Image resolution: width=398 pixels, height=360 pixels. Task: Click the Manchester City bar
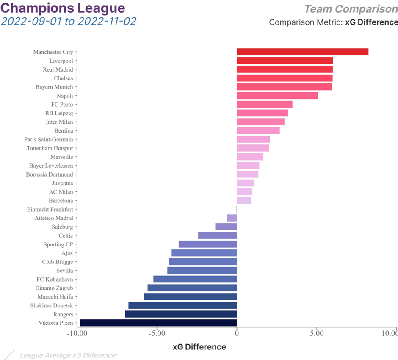coord(302,52)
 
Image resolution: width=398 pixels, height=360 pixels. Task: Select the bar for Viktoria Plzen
coord(158,323)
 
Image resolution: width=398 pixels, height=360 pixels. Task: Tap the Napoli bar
coord(277,96)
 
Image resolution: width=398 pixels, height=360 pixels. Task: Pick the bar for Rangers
coord(181,314)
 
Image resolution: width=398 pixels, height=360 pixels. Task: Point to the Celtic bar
coord(217,235)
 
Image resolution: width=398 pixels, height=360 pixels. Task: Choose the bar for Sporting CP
coord(207,244)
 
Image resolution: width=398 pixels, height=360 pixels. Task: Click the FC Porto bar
coord(264,105)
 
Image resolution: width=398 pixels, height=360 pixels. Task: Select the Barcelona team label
coord(61,201)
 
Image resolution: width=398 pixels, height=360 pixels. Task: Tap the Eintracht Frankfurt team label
coord(50,210)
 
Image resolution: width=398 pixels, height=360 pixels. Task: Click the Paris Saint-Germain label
coord(48,139)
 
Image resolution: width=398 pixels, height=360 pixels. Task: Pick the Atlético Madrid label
coord(53,218)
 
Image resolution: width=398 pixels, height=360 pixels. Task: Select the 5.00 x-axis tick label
coord(317,333)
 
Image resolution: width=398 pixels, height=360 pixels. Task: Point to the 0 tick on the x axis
coord(237,333)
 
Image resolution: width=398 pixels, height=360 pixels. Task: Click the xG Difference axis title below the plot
coord(199,347)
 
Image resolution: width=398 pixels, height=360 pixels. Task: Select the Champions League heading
coord(64,8)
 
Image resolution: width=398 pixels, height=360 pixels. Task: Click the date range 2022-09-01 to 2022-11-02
coord(68,21)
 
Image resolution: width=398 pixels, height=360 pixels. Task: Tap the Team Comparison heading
coord(351,9)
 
